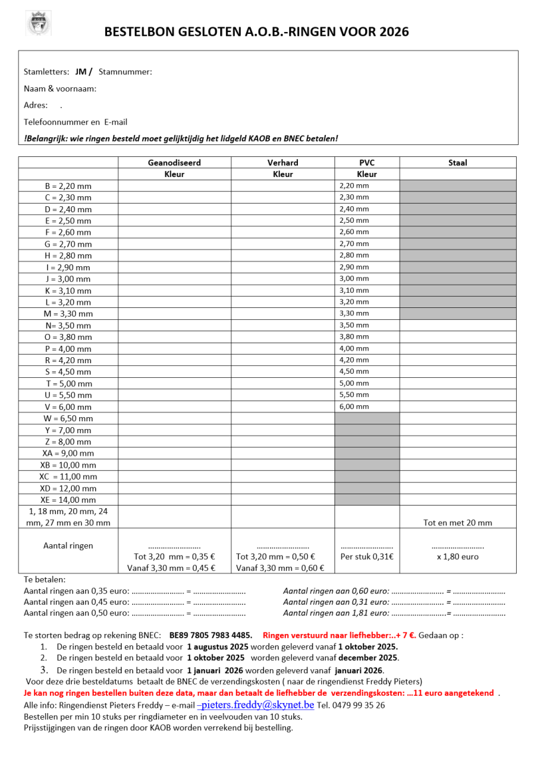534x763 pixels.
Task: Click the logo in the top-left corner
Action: [38, 23]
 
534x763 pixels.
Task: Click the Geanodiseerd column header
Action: [174, 162]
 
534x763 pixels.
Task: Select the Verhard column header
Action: [283, 162]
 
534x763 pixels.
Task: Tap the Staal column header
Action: [458, 162]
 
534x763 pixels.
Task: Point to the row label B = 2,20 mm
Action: [68, 186]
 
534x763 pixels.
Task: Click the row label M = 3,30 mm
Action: [68, 314]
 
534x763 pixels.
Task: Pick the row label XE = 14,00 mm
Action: [68, 500]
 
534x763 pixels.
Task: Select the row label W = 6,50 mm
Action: [68, 418]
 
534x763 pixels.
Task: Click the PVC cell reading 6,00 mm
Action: [354, 406]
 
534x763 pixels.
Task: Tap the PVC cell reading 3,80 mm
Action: [354, 337]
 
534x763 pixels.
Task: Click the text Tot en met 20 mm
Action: [458, 523]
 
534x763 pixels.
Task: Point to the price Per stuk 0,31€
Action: [366, 557]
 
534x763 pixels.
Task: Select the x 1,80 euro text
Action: [458, 557]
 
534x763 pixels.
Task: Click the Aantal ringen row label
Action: [68, 545]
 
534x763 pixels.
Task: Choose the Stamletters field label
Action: [46, 72]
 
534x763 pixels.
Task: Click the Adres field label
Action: [35, 105]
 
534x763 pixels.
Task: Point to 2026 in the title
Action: [394, 31]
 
